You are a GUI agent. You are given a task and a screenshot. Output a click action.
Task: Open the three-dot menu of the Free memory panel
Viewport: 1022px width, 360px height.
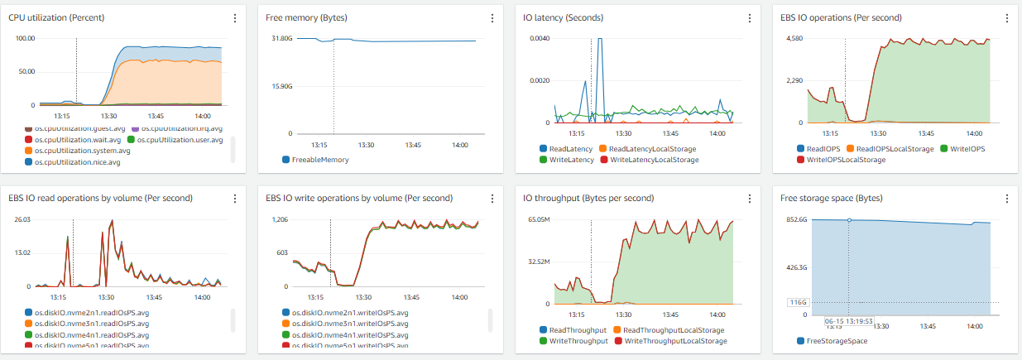pyautogui.click(x=492, y=18)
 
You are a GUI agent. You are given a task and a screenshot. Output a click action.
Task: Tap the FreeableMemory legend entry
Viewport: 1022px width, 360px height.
pyautogui.click(x=320, y=160)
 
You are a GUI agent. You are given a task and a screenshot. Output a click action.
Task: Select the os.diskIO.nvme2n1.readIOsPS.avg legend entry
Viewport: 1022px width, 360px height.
pyautogui.click(x=92, y=312)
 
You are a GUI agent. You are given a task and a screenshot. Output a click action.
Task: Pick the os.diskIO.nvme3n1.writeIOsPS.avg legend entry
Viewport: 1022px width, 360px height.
pyautogui.click(x=350, y=324)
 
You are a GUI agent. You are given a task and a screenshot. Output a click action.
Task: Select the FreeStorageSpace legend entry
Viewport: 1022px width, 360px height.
pyautogui.click(x=837, y=341)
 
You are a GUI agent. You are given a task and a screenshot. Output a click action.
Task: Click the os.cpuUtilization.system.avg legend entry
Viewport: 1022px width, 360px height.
pyautogui.click(x=82, y=151)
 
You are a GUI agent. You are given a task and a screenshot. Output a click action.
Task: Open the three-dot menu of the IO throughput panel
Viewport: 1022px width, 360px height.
pyautogui.click(x=750, y=199)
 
